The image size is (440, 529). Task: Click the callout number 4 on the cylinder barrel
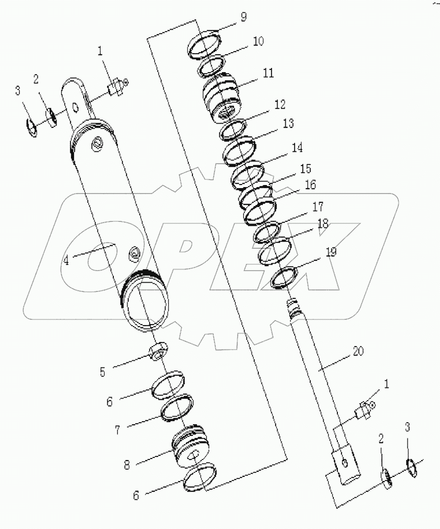coord(66,260)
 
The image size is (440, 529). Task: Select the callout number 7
coord(117,429)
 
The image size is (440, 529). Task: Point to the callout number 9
coord(243,17)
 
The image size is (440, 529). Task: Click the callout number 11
coord(268,74)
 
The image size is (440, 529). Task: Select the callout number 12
coord(280,104)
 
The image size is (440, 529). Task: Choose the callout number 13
coord(288,124)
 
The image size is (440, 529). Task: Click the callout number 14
coord(297,148)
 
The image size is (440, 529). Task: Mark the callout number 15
coord(306,169)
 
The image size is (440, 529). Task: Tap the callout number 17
coord(317,208)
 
